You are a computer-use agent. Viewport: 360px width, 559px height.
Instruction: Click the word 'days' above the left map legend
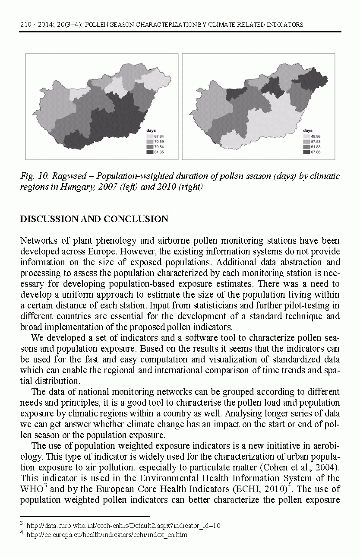tap(151, 130)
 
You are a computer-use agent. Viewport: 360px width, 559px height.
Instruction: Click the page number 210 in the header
tap(25, 25)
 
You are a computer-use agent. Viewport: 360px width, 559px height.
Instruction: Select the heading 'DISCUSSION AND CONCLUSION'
tap(94, 219)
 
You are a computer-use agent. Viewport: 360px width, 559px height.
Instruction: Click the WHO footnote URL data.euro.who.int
tap(123, 526)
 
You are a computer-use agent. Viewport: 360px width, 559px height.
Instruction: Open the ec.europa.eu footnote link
tap(107, 535)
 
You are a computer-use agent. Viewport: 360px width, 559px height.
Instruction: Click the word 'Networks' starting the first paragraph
tap(38, 241)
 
